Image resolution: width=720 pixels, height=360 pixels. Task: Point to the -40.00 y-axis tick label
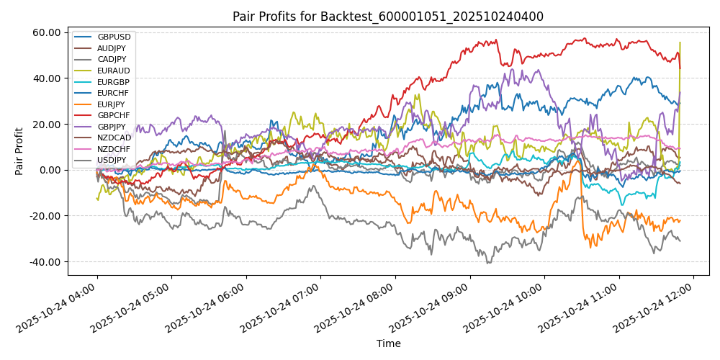tap(46, 262)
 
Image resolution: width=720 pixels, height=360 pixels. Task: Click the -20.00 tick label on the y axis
tap(46, 216)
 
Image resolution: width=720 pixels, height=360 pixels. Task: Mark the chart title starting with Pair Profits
tap(388, 17)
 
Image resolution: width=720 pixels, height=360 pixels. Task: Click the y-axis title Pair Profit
tap(19, 151)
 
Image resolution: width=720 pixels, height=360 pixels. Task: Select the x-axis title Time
tap(388, 344)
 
